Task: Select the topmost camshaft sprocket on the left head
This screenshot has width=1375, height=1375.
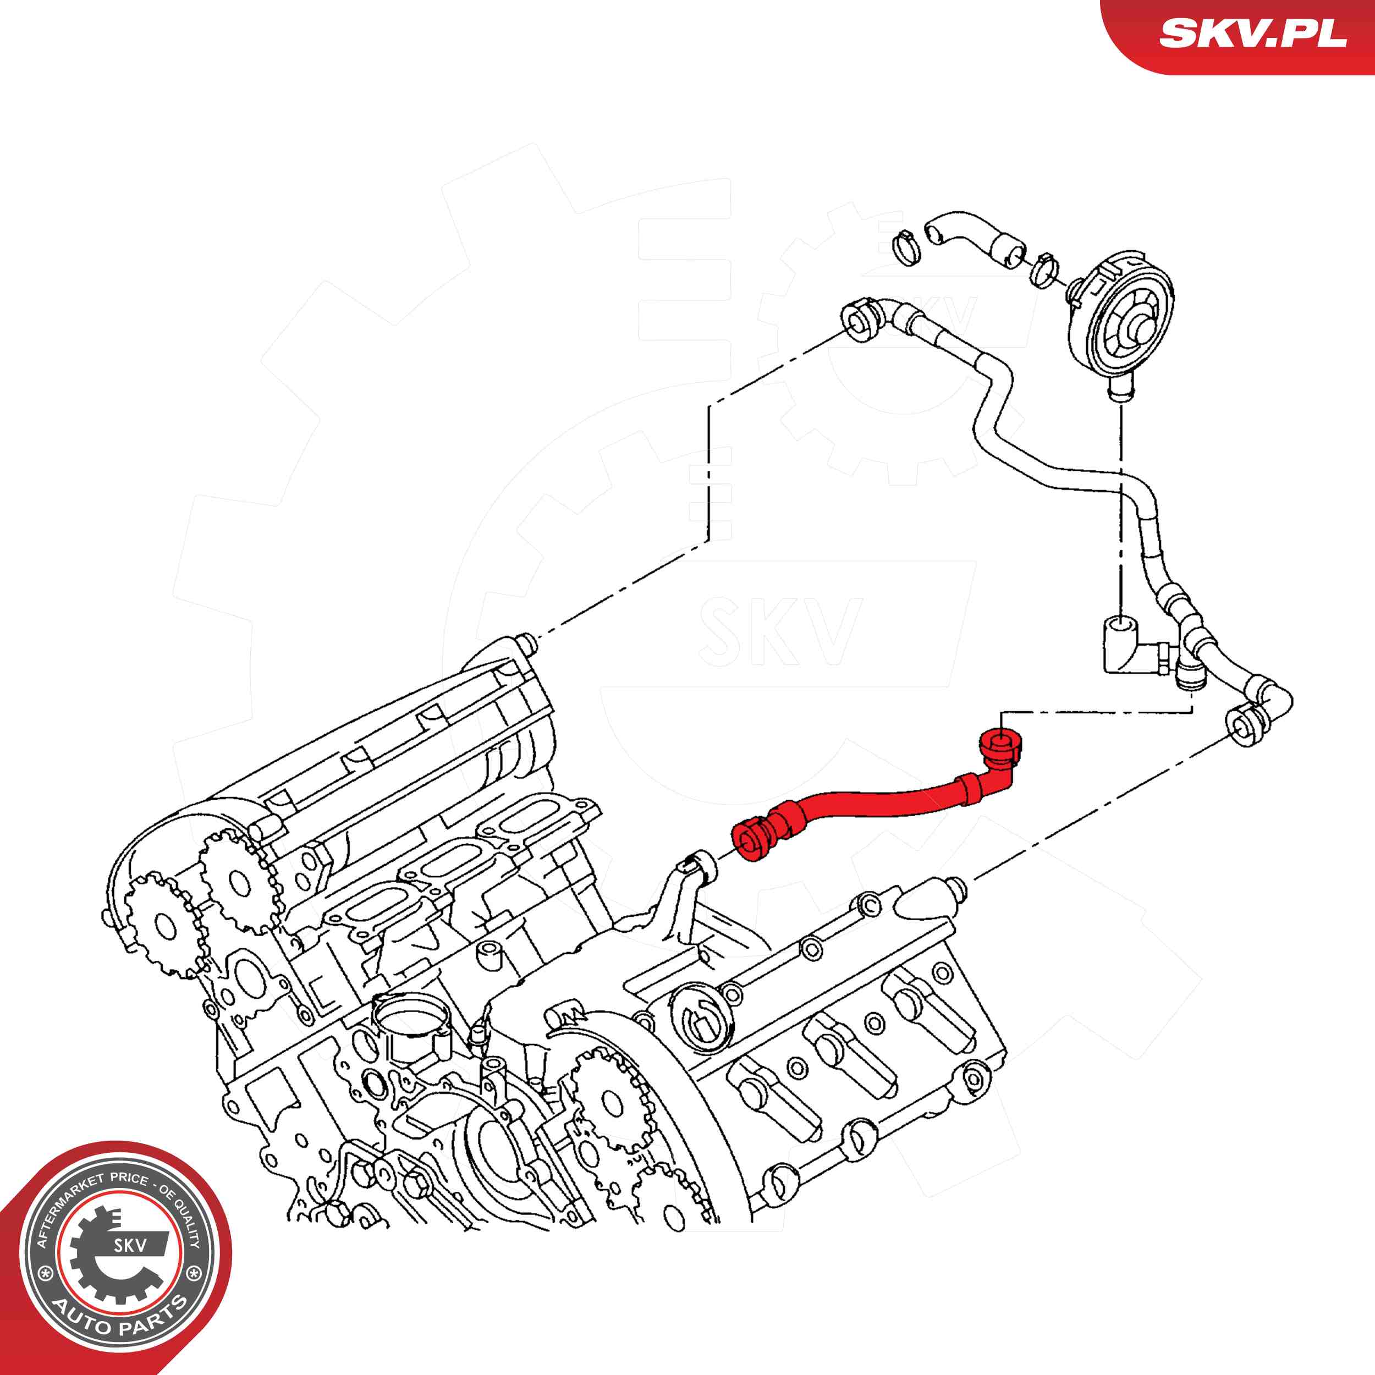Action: point(239,883)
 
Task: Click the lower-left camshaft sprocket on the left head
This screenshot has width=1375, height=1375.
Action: point(165,925)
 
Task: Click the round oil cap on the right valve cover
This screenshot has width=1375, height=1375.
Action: point(701,1018)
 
